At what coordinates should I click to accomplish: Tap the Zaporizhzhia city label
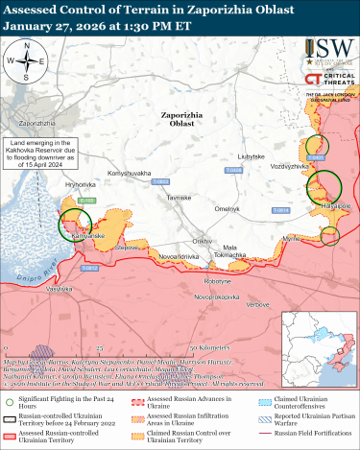point(36,125)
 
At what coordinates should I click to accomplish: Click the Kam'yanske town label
point(87,235)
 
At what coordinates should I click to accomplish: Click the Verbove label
point(257,304)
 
